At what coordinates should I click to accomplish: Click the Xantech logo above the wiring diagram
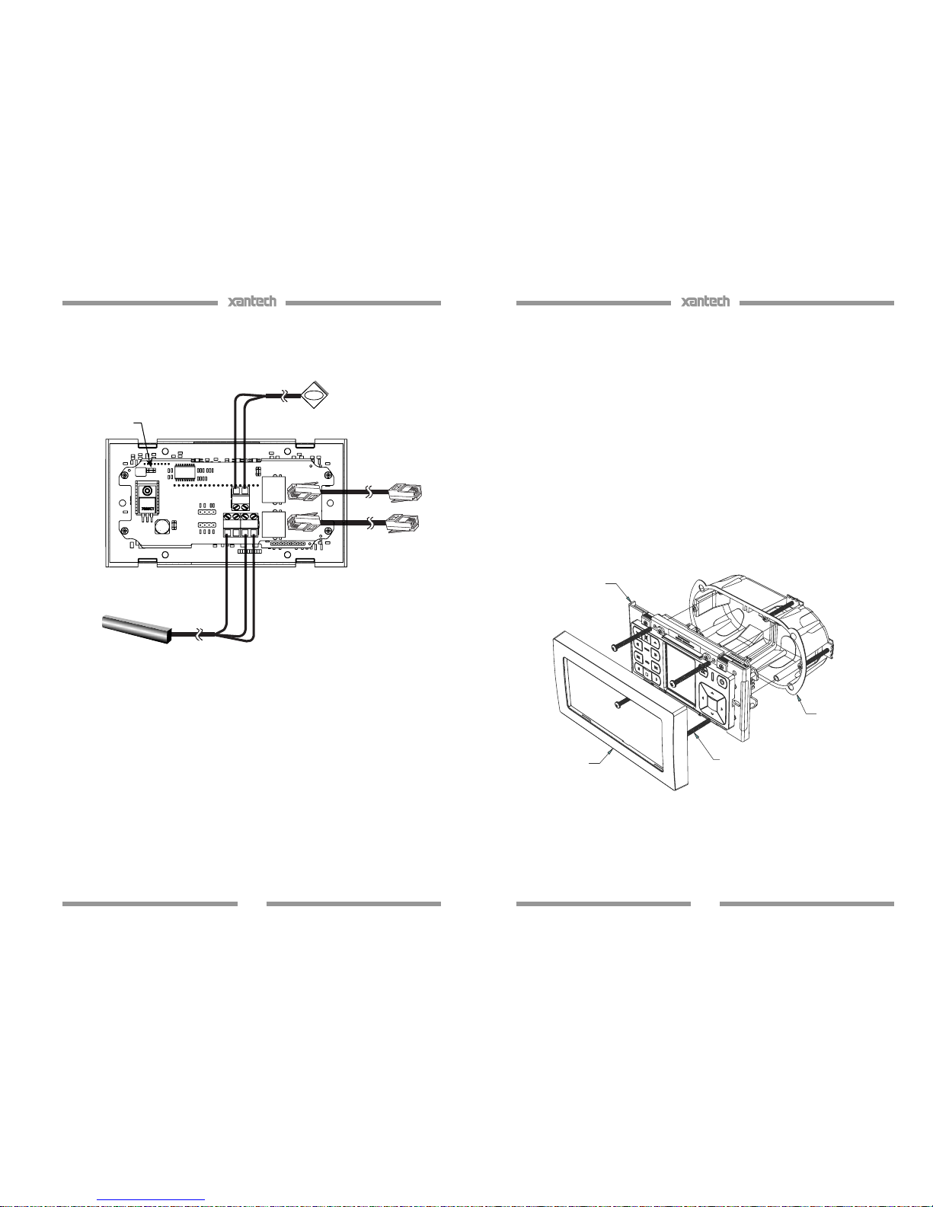coord(251,301)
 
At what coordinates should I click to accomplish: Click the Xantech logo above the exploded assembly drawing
coord(705,301)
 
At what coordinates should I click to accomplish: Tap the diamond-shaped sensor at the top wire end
coord(315,395)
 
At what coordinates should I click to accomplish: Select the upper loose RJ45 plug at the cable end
coord(405,492)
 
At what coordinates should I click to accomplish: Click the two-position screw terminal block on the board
coord(241,498)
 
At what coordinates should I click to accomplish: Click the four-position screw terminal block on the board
coord(241,525)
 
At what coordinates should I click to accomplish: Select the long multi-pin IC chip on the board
coord(185,471)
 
